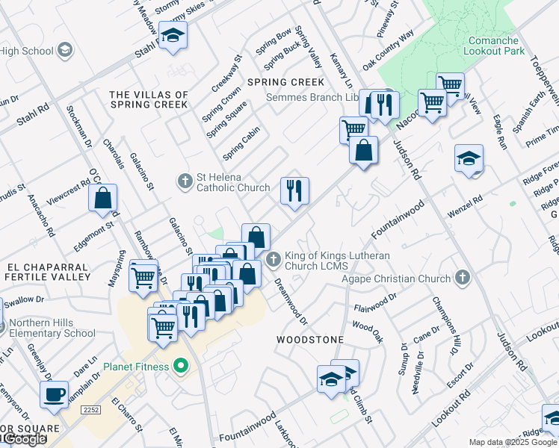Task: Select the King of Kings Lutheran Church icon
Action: pos(273,259)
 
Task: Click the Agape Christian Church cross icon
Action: pos(463,279)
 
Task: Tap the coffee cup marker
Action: pos(54,394)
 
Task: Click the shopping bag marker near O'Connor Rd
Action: pos(103,199)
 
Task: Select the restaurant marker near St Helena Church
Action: pos(295,190)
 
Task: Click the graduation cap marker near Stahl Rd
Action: pos(173,36)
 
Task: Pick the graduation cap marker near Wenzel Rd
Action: pos(469,159)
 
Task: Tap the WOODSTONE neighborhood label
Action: pos(309,340)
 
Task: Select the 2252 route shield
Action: pos(90,410)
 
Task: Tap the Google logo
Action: pos(24,439)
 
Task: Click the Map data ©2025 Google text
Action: pos(513,442)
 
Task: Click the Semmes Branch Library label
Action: pos(315,98)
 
